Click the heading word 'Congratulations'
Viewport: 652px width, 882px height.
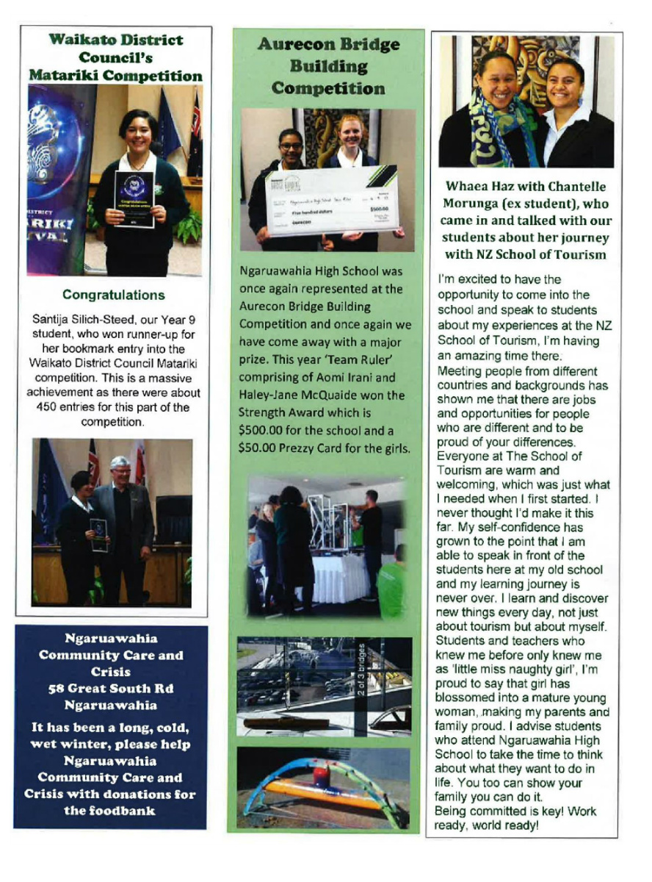113,295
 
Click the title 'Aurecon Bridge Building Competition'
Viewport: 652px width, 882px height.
328,66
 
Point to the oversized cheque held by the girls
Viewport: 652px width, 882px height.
331,201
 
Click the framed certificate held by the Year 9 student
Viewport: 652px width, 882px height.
134,198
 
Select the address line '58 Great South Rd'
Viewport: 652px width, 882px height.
111,689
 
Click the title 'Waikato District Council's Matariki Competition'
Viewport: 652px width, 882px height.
115,57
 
